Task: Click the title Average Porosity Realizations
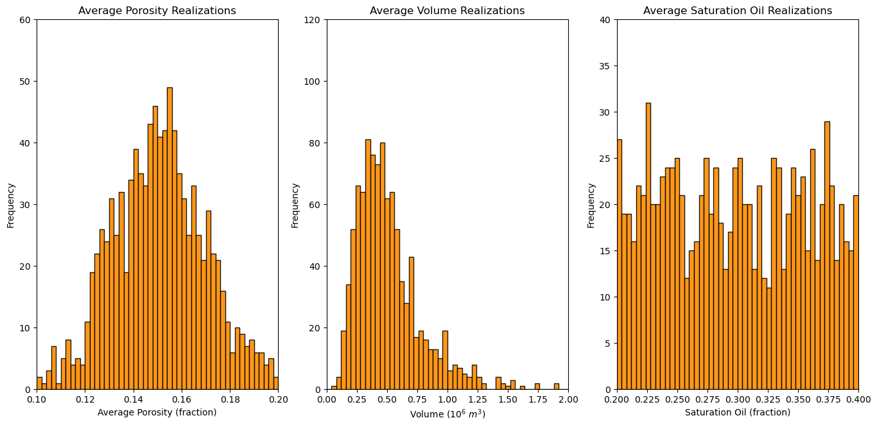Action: coord(157,10)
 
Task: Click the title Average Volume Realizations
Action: coord(447,10)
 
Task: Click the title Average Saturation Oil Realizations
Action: coord(738,10)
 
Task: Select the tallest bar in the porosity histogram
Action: coord(169,239)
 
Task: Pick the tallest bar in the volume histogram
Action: coord(368,265)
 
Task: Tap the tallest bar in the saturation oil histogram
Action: coord(648,247)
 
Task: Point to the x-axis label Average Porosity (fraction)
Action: coord(157,412)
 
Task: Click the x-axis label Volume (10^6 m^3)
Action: coord(447,414)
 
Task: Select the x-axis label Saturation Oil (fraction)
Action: coord(738,412)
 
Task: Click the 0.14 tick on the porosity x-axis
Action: coord(134,399)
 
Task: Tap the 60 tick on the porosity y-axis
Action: coord(25,20)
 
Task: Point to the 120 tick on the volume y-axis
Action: coord(313,20)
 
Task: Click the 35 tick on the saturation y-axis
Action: coord(605,65)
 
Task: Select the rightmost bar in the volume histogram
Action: coord(557,387)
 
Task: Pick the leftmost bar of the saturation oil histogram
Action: coord(620,265)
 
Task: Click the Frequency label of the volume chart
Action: coord(295,205)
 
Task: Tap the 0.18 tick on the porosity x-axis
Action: coord(230,399)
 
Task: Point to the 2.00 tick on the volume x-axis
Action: coord(568,399)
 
